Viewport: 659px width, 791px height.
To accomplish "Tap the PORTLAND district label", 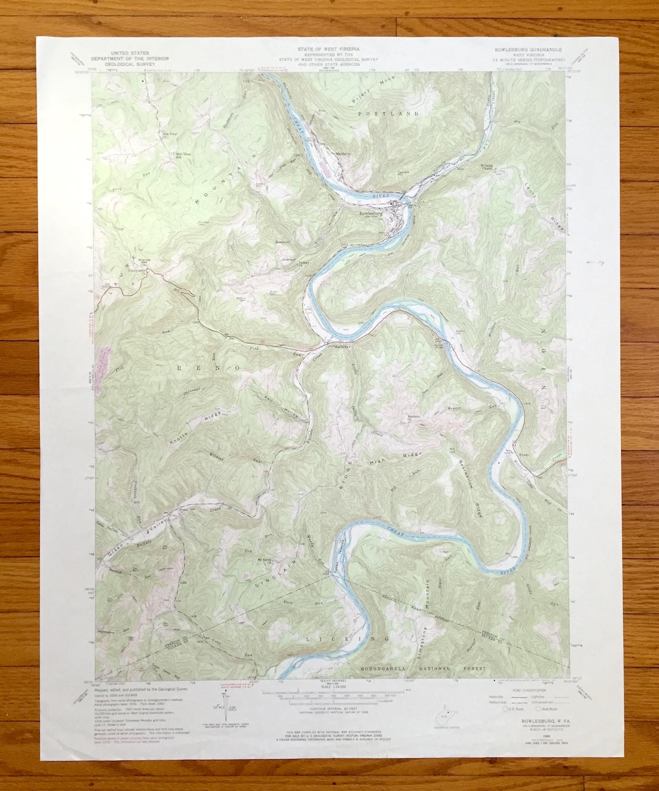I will (397, 114).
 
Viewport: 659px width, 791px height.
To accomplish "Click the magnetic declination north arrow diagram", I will (224, 703).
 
